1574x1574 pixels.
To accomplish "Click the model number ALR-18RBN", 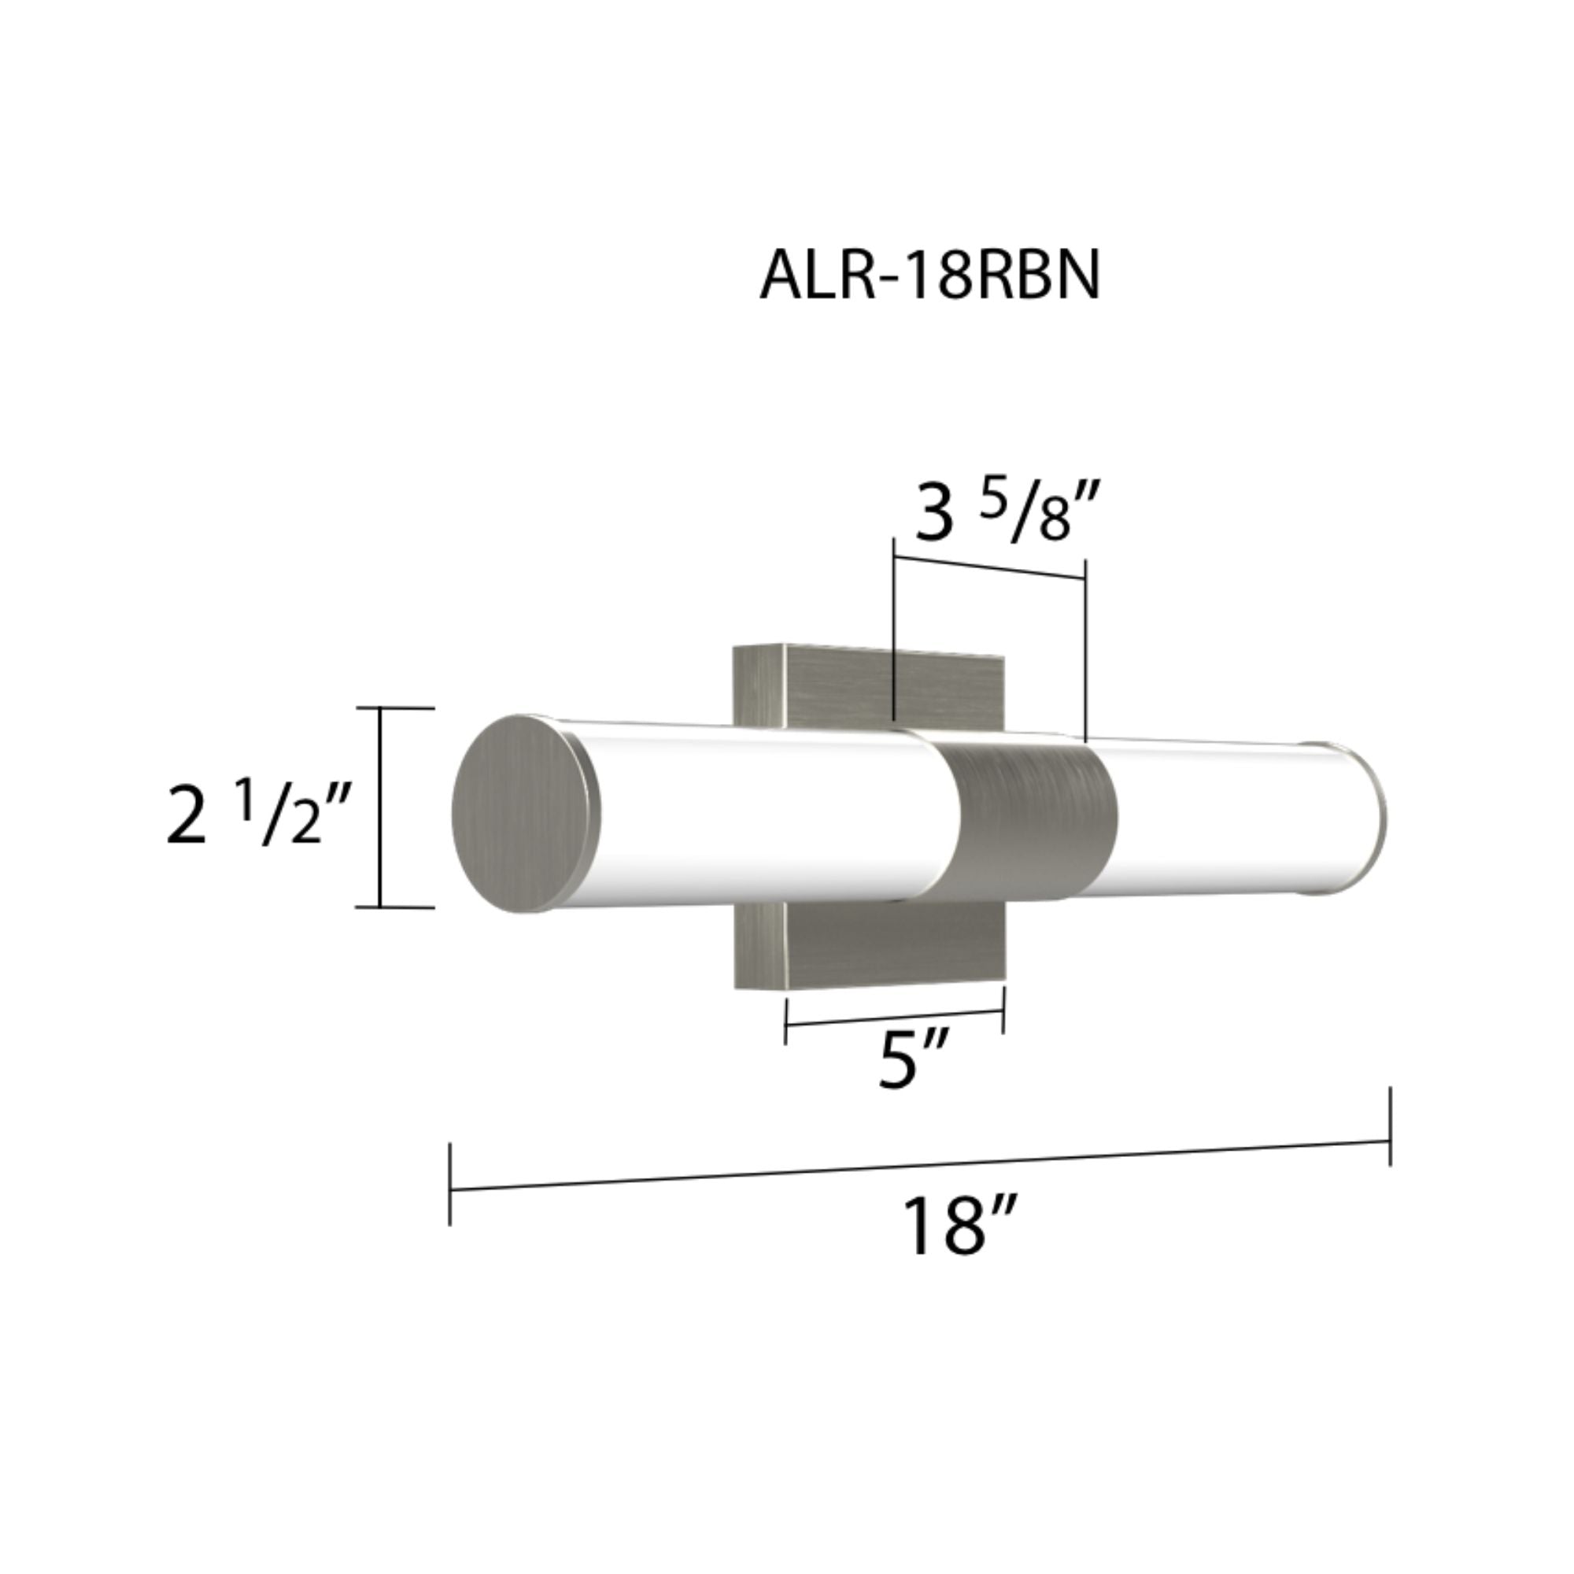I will (929, 276).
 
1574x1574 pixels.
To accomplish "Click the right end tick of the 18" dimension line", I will (1390, 1127).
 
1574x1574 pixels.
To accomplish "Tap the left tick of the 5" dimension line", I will (785, 1021).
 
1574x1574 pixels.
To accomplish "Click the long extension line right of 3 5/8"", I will (1086, 652).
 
